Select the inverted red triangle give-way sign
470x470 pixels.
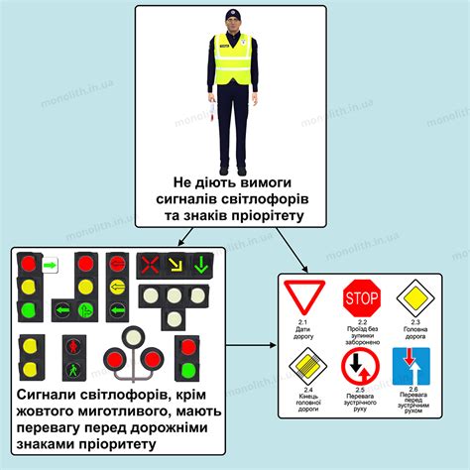point(304,297)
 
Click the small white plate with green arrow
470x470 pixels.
point(50,266)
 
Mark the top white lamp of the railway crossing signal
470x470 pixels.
point(134,336)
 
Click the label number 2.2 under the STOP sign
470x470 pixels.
point(363,323)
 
